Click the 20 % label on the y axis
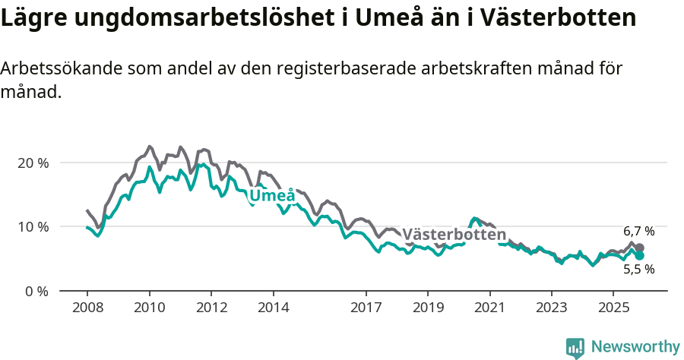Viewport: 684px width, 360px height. point(33,163)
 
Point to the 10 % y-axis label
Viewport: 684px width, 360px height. point(33,226)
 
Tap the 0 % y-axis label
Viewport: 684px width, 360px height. point(36,290)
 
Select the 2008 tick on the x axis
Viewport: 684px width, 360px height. point(87,308)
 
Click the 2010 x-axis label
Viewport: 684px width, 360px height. point(149,308)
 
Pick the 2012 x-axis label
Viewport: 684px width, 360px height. point(211,308)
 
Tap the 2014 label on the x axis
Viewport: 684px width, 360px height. point(273,308)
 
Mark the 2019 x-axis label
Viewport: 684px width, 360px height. point(428,308)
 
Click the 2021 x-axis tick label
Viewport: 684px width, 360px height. point(490,308)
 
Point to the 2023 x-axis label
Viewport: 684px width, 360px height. point(552,308)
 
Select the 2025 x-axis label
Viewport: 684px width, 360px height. point(614,308)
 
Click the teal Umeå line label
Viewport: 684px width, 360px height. point(272,196)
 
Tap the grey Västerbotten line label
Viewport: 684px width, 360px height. point(454,234)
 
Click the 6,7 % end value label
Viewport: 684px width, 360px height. point(638,231)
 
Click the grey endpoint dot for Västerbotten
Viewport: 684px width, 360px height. point(640,248)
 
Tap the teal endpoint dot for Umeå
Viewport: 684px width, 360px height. point(640,256)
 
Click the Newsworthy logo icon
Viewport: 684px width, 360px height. point(575,348)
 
